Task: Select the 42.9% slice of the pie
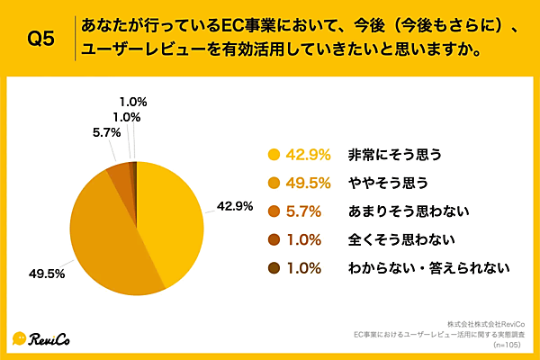(x=171, y=216)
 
